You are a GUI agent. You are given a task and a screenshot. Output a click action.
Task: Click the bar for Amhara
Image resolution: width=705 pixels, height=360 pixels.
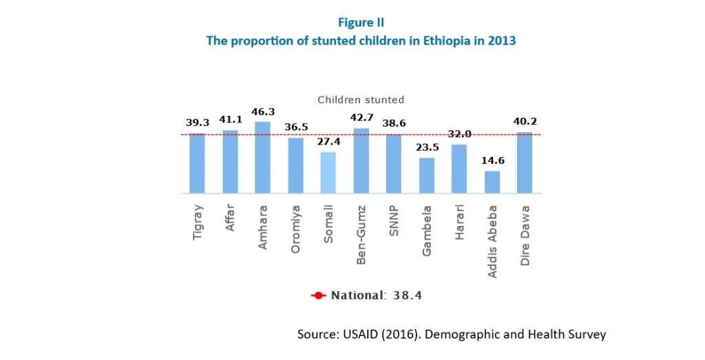click(x=262, y=158)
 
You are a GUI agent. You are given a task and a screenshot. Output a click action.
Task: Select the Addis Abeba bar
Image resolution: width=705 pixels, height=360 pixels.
click(x=492, y=182)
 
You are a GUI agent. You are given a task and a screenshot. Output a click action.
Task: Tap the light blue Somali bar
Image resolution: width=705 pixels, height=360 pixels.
click(x=328, y=173)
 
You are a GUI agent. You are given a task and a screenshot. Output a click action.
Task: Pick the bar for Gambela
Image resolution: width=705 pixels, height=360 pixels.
click(x=427, y=176)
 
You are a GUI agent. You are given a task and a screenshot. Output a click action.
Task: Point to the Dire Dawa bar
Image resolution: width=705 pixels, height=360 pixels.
click(x=525, y=162)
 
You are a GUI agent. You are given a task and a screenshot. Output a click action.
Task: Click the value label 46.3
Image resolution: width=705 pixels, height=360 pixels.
click(x=262, y=113)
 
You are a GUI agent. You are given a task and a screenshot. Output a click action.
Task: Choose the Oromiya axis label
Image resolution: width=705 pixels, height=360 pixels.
click(x=296, y=227)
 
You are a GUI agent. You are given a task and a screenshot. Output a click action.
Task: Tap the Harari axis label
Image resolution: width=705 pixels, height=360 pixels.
click(x=460, y=222)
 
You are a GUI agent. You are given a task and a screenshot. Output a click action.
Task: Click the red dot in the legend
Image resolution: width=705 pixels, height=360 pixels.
click(x=318, y=296)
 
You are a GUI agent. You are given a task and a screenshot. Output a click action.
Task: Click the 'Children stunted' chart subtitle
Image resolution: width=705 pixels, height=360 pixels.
click(x=361, y=100)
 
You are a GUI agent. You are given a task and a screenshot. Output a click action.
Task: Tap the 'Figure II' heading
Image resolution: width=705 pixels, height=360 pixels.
click(x=361, y=23)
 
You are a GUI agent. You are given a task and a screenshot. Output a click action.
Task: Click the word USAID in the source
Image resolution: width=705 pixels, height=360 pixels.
click(x=355, y=335)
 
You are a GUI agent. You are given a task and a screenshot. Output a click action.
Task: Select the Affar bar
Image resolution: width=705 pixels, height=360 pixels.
click(x=230, y=162)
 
